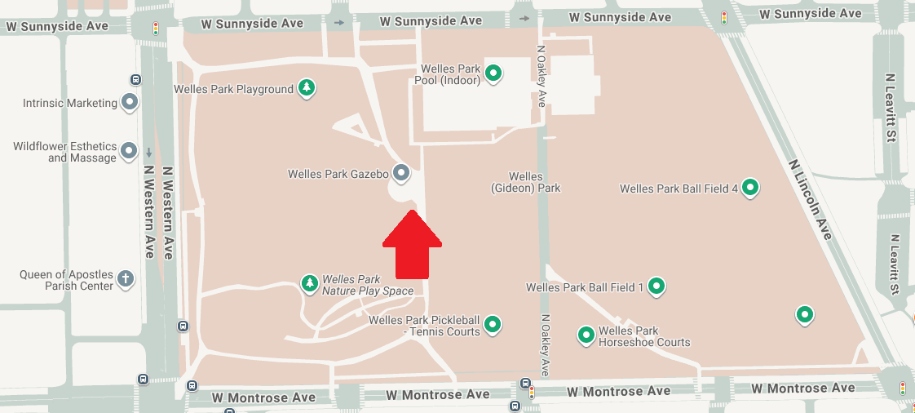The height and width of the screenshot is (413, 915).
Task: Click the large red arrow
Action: pyautogui.click(x=413, y=246)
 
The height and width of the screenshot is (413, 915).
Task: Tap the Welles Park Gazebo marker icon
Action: pyautogui.click(x=401, y=173)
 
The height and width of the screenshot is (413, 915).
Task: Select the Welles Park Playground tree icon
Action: pyautogui.click(x=306, y=88)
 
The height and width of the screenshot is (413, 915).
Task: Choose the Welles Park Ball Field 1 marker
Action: pyautogui.click(x=656, y=286)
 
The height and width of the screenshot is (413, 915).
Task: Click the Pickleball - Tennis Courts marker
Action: pyautogui.click(x=493, y=325)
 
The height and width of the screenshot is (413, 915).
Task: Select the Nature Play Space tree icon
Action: pyautogui.click(x=310, y=284)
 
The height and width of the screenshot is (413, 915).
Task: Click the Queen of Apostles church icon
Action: pyautogui.click(x=126, y=279)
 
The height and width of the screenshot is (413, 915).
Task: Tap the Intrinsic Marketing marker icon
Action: pyautogui.click(x=129, y=103)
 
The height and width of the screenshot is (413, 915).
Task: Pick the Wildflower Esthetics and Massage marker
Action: pyautogui.click(x=129, y=151)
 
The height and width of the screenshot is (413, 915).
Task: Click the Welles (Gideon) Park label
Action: pyautogui.click(x=525, y=182)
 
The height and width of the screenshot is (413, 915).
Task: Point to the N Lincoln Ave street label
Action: pyautogui.click(x=811, y=199)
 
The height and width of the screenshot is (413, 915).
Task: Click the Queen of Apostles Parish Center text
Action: pyautogui.click(x=67, y=280)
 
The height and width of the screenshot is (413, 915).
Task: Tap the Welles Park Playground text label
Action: pyautogui.click(x=233, y=89)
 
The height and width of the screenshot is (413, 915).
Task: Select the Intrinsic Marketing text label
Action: pyautogui.click(x=70, y=104)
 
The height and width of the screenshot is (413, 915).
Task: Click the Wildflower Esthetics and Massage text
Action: pyautogui.click(x=64, y=152)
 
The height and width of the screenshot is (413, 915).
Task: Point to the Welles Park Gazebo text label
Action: pyautogui.click(x=338, y=174)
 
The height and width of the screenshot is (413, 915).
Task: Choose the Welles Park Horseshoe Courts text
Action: pyautogui.click(x=644, y=336)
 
